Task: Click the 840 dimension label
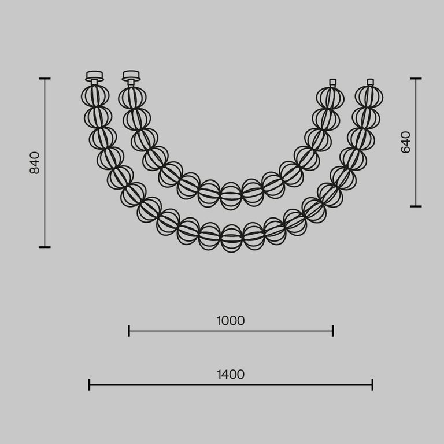pyautogui.click(x=35, y=163)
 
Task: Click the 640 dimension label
pyautogui.click(x=406, y=142)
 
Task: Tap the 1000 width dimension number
pyautogui.click(x=231, y=321)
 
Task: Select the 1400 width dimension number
pyautogui.click(x=231, y=375)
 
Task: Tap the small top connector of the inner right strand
pyautogui.click(x=332, y=83)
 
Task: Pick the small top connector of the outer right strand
pyautogui.click(x=370, y=82)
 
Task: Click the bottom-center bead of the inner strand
pyautogui.click(x=231, y=195)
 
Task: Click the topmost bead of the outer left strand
pyautogui.click(x=95, y=96)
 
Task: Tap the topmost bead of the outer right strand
pyautogui.click(x=369, y=97)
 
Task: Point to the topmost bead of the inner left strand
pyautogui.click(x=132, y=98)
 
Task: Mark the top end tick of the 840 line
pyautogui.click(x=45, y=78)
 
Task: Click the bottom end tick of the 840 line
pyautogui.click(x=45, y=247)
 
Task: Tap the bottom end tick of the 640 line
pyautogui.click(x=416, y=206)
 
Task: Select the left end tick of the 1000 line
pyautogui.click(x=129, y=331)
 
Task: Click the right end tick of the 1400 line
pyautogui.click(x=372, y=384)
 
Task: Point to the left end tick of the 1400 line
pyautogui.click(x=89, y=384)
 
